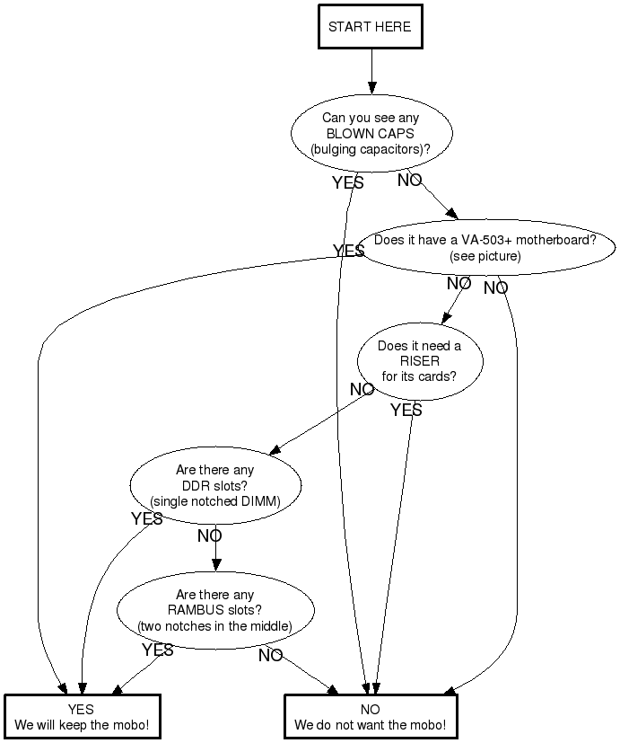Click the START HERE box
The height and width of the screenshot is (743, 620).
pyautogui.click(x=370, y=27)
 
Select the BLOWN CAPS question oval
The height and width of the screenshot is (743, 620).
pyautogui.click(x=371, y=133)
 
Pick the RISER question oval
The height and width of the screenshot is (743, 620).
pyautogui.click(x=419, y=361)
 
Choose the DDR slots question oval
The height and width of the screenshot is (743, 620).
pyautogui.click(x=214, y=485)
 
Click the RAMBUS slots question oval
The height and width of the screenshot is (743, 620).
pyautogui.click(x=214, y=610)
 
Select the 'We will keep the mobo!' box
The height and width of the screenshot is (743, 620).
pyautogui.click(x=82, y=717)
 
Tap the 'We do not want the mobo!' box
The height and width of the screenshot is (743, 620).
pyautogui.click(x=370, y=717)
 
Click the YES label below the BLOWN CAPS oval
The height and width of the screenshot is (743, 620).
pyautogui.click(x=347, y=182)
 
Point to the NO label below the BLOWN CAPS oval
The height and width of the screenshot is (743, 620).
pyautogui.click(x=409, y=181)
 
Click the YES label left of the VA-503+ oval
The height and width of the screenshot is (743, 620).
pyautogui.click(x=348, y=251)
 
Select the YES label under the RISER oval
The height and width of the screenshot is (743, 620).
pyautogui.click(x=406, y=411)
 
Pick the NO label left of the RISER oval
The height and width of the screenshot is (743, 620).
pyautogui.click(x=362, y=390)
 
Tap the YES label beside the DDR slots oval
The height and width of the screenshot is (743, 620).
pyautogui.click(x=147, y=519)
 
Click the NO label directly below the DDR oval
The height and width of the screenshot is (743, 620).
pyautogui.click(x=209, y=536)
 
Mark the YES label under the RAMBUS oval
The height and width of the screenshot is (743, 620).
pyautogui.click(x=158, y=650)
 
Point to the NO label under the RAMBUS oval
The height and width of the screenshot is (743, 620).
pyautogui.click(x=270, y=656)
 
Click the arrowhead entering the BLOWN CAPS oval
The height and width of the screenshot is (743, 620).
pyautogui.click(x=371, y=88)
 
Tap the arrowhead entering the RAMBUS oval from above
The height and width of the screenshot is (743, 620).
pyautogui.click(x=215, y=566)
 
